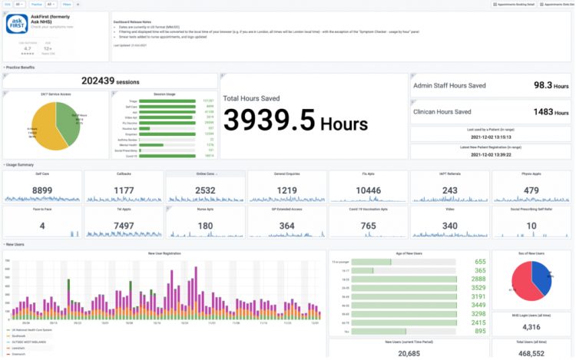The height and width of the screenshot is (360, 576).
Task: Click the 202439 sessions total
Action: tap(110, 81)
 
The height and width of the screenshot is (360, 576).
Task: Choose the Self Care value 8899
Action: tap(42, 190)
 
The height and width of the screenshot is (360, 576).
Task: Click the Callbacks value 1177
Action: tap(124, 190)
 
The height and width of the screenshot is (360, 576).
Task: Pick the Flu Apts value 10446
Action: tap(368, 190)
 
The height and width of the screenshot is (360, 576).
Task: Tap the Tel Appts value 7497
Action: tap(124, 226)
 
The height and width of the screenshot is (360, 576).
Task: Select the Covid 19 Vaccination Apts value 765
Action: tap(368, 226)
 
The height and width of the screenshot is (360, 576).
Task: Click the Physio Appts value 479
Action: tap(531, 190)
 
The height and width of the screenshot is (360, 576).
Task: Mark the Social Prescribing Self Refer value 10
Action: tap(531, 226)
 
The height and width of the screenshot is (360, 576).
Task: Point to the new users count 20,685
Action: tap(409, 352)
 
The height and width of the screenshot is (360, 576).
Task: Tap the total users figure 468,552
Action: tap(531, 353)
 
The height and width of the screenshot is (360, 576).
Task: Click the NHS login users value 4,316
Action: tap(531, 326)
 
